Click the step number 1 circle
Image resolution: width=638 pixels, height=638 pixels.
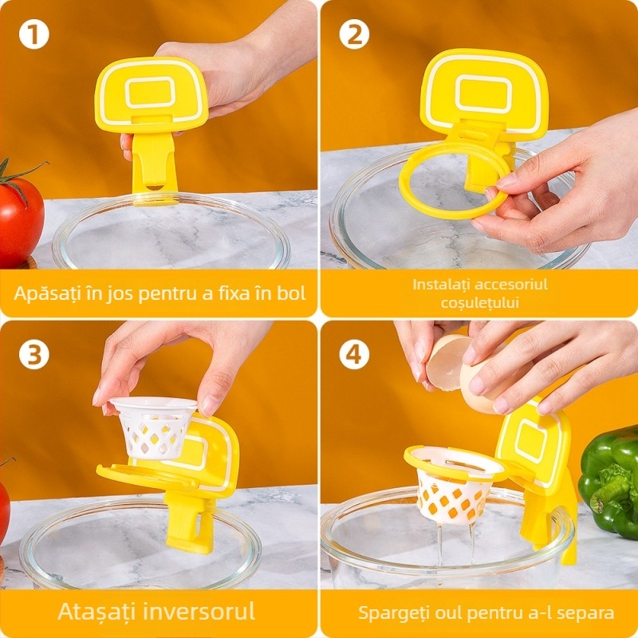[x=34, y=35]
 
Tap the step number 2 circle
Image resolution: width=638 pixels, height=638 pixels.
[x=353, y=35]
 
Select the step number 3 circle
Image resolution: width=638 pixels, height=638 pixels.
[x=34, y=353]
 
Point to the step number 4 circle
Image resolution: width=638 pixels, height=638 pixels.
[x=353, y=353]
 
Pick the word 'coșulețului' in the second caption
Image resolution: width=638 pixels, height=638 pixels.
[x=479, y=302]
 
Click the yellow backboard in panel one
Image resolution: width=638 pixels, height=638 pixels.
[x=151, y=93]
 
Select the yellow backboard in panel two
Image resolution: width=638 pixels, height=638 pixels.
[x=483, y=92]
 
